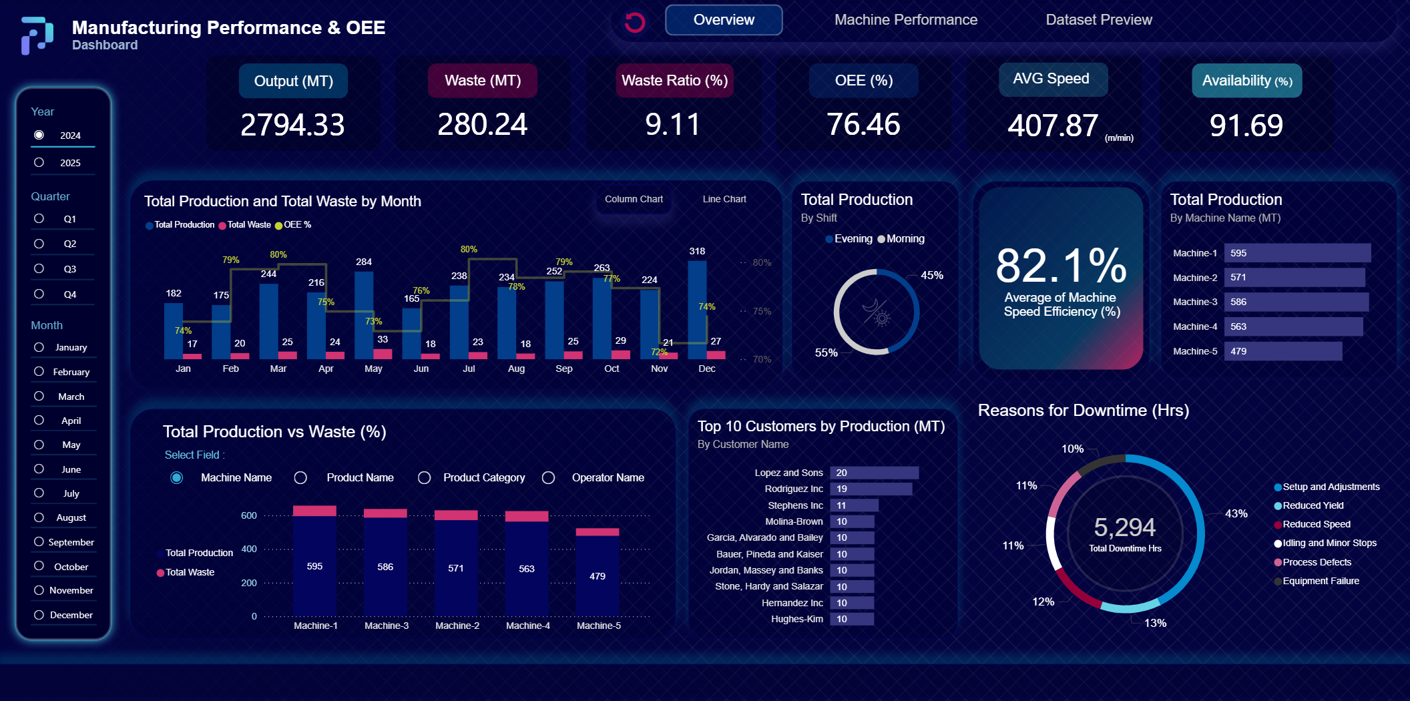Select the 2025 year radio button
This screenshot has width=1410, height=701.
[x=39, y=162]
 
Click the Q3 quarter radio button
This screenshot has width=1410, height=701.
[x=39, y=268]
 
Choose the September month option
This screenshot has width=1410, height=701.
[x=39, y=541]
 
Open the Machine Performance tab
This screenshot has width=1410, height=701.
[x=905, y=20]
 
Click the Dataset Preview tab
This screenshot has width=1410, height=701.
[x=1098, y=20]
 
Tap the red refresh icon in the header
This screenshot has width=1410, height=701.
[x=634, y=22]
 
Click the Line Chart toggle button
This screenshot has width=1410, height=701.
[x=724, y=199]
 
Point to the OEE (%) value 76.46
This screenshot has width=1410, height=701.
[x=863, y=125]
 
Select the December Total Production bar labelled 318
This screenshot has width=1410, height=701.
[x=697, y=307]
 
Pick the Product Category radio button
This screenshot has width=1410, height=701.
[x=424, y=477]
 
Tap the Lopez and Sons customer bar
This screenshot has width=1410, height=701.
[x=874, y=473]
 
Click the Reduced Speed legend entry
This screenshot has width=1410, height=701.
[x=1316, y=524]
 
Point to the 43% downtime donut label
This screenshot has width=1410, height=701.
[x=1236, y=513]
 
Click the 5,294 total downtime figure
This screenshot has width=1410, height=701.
[x=1124, y=527]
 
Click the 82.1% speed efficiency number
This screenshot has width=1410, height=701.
[x=1061, y=266]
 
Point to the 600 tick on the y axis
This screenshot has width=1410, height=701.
[x=249, y=515]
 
